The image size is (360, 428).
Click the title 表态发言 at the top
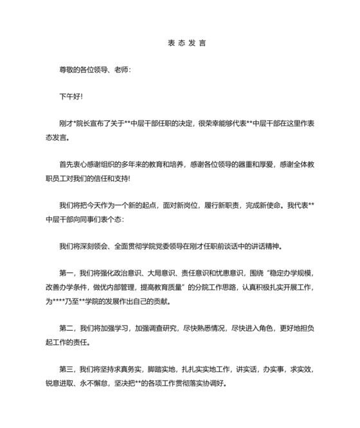(179, 44)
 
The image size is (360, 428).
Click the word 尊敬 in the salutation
(66, 70)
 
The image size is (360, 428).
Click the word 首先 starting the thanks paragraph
(66, 165)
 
